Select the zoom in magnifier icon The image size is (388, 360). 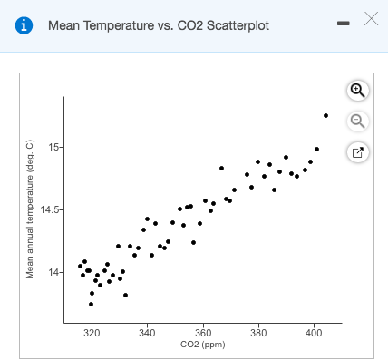[357, 90]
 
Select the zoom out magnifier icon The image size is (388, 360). [357, 121]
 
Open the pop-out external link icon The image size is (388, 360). [357, 151]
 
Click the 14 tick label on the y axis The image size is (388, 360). [53, 272]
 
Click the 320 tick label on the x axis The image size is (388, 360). [92, 335]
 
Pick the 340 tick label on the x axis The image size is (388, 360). [147, 335]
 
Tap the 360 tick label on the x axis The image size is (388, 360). [202, 335]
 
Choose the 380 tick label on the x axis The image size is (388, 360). [258, 335]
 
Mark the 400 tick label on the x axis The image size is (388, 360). [314, 335]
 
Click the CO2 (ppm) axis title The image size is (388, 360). [203, 345]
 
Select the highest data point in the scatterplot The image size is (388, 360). [325, 115]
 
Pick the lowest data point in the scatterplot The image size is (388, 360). [91, 304]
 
